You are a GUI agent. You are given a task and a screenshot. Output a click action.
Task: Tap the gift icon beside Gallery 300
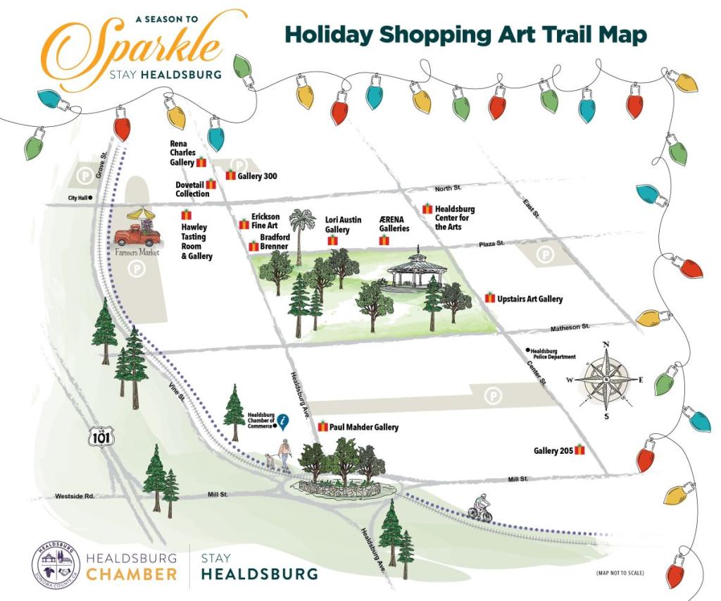(x=230, y=175)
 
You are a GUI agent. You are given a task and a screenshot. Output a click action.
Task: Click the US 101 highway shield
(x=98, y=437)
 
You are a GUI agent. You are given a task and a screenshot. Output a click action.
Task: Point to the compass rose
(x=606, y=378)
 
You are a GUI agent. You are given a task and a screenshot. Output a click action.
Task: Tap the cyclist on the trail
(x=482, y=507)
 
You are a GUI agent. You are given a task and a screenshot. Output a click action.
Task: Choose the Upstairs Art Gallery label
(x=529, y=299)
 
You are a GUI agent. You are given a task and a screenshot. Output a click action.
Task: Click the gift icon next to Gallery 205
(x=580, y=450)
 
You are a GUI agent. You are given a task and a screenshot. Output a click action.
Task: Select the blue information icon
(x=283, y=421)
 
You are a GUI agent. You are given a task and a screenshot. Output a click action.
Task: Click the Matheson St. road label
(x=570, y=328)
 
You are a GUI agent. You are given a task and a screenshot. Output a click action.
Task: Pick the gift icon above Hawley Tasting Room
(x=187, y=214)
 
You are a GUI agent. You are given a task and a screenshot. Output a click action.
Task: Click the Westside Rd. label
(x=75, y=497)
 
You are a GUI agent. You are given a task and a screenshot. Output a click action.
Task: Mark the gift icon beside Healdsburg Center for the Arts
(x=427, y=209)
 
